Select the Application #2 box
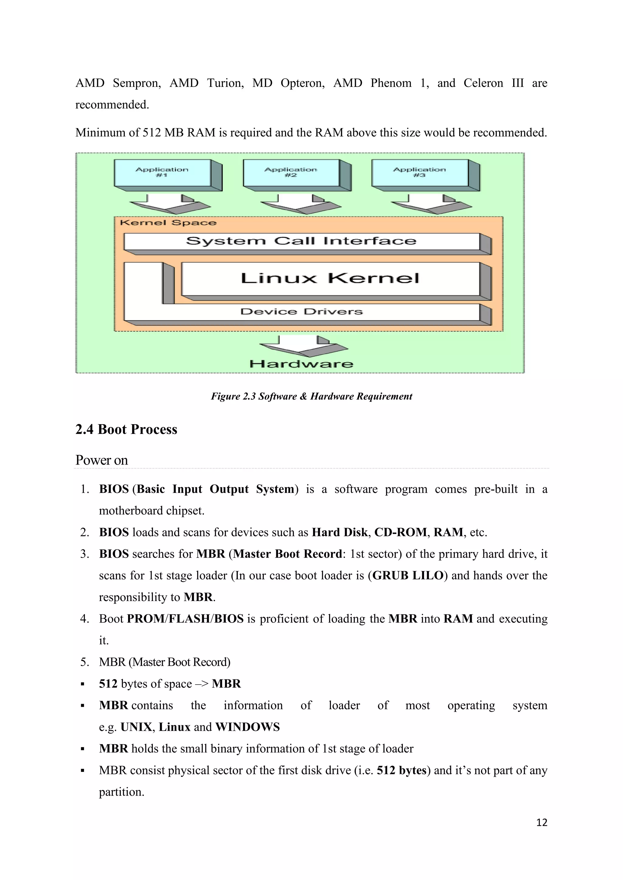[x=291, y=173]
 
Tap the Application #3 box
[x=420, y=173]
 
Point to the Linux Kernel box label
[x=330, y=279]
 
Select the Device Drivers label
[x=301, y=311]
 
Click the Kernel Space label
[x=168, y=223]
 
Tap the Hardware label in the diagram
[x=301, y=364]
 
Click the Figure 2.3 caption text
[x=311, y=396]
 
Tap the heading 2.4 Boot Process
[x=126, y=429]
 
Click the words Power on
[x=102, y=460]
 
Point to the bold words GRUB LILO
[x=408, y=576]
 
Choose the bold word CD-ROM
[x=401, y=532]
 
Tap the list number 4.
[x=84, y=619]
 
